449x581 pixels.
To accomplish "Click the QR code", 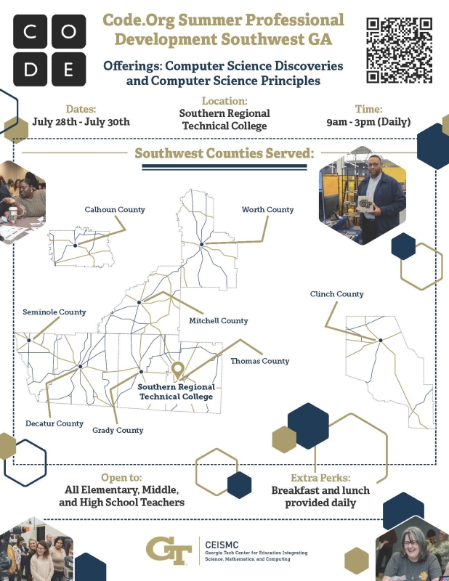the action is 400,50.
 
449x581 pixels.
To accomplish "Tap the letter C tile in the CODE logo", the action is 30,31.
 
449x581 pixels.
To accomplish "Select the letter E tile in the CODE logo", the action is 68,69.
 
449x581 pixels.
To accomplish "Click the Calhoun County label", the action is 115,210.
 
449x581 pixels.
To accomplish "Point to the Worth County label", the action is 267,210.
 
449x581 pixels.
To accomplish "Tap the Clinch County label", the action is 336,294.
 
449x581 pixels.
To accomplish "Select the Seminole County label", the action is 54,312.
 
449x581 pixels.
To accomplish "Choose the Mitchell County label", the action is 219,321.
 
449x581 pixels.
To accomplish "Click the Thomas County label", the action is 260,361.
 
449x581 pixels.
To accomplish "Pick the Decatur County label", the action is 54,423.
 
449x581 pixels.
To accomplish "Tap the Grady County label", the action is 118,430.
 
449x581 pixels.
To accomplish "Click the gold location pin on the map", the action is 178,370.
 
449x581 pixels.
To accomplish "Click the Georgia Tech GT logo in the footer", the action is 169,550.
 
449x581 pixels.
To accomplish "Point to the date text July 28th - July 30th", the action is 81,122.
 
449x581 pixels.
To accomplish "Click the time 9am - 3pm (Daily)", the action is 368,122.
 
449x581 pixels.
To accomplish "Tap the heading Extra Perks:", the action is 320,478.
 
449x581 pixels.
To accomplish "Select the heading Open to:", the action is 121,478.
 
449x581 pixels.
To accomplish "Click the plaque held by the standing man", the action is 365,203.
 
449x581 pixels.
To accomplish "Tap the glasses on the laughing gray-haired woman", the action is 410,543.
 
